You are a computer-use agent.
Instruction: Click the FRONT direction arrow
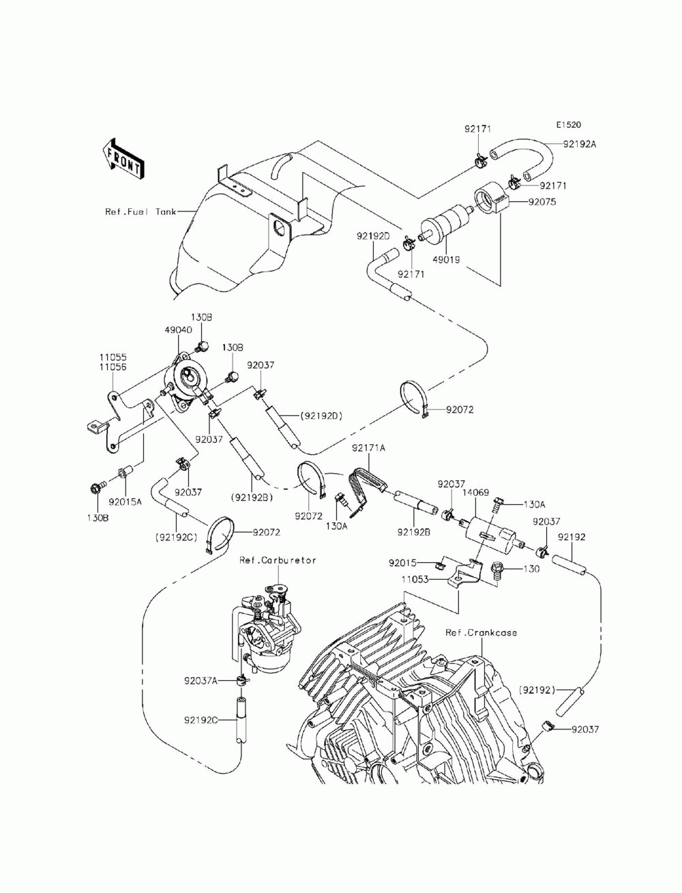pos(123,158)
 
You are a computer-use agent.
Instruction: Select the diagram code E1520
pos(568,125)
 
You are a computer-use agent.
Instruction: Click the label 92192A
pos(580,144)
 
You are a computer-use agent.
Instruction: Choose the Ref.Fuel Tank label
pos(140,211)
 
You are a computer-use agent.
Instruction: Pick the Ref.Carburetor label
pos(278,560)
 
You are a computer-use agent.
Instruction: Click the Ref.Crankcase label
pos(481,632)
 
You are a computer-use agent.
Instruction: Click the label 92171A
pos(369,448)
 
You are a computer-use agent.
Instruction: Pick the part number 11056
pos(113,366)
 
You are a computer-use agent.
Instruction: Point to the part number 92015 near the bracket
pos(403,563)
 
